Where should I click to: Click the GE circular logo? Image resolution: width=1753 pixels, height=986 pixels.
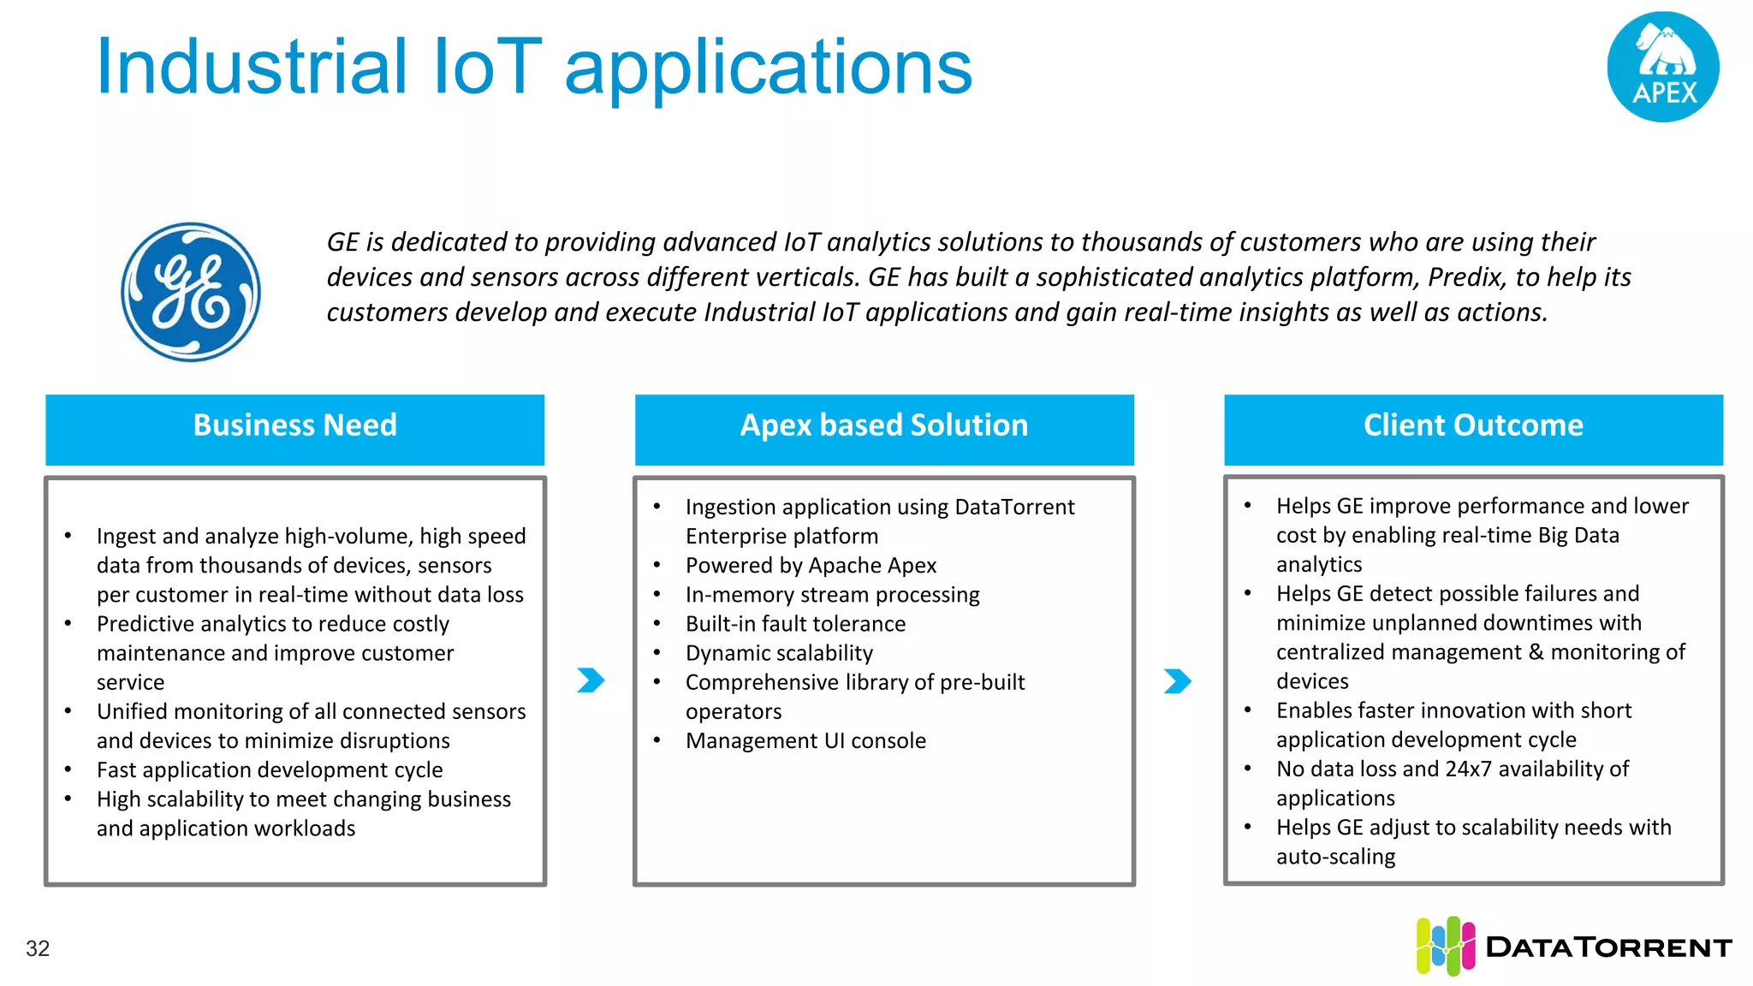point(191,292)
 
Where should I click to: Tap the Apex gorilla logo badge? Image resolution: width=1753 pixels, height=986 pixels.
point(1662,67)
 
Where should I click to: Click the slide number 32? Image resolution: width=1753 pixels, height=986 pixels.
point(38,948)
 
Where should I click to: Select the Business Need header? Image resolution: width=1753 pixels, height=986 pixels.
point(294,426)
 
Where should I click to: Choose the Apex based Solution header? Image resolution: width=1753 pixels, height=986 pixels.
point(883,426)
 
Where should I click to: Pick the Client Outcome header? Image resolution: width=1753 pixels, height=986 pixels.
point(1472,426)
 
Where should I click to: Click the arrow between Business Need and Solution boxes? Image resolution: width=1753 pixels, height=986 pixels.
point(591,680)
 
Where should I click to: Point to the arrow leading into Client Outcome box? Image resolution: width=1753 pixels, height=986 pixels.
point(1178,681)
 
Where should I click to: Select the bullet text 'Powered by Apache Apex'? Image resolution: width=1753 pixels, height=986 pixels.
point(811,566)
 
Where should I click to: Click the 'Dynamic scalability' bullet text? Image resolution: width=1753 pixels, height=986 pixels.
point(779,653)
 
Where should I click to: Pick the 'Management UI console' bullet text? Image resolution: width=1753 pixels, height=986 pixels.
point(805,741)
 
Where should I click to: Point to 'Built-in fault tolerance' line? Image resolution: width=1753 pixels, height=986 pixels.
point(795,624)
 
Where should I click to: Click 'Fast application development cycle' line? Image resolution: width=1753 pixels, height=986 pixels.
point(270,770)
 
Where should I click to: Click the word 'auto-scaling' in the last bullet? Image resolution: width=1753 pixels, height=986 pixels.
point(1335,857)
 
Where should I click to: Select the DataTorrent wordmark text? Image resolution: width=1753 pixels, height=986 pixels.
point(1608,947)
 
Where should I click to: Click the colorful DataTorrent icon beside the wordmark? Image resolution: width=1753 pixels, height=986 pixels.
point(1445,946)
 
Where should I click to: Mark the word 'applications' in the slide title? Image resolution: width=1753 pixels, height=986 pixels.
point(768,68)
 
